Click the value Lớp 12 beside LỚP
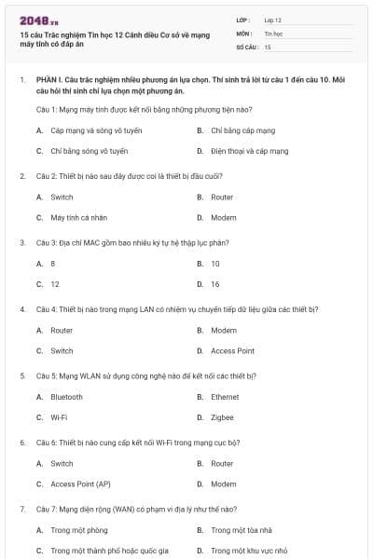tap(273, 19)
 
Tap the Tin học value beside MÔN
tap(273, 33)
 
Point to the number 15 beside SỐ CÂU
tap(268, 46)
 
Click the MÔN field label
tap(243, 33)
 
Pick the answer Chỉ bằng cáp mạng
tap(242, 131)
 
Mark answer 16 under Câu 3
tap(215, 284)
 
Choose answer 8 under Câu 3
tap(53, 264)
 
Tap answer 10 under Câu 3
tap(215, 264)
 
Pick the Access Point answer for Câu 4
tap(232, 351)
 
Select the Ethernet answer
tap(225, 397)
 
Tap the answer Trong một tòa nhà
tap(241, 530)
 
